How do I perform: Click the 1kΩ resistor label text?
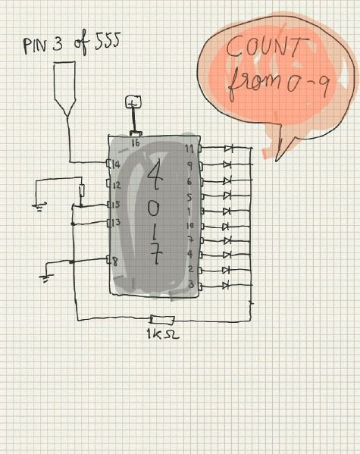point(163,334)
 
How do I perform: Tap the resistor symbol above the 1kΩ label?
point(162,320)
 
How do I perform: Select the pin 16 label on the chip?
point(136,142)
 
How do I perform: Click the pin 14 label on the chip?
point(116,164)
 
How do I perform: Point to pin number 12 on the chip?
point(117,185)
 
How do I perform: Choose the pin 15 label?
point(115,205)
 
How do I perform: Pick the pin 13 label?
point(116,222)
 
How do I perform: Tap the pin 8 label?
point(115,262)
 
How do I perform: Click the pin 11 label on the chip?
point(189,149)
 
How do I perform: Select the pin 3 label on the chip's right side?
point(191,284)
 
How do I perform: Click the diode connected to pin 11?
point(229,149)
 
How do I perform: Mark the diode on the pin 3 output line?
point(226,286)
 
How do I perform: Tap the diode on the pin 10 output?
point(226,226)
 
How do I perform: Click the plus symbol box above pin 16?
point(133,102)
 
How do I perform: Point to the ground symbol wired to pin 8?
point(46,278)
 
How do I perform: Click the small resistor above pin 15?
point(82,190)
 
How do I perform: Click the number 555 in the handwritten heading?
point(108,40)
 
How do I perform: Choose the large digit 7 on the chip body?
point(156,254)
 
